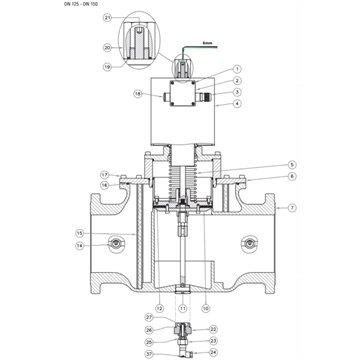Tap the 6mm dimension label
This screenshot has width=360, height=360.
[x=208, y=43]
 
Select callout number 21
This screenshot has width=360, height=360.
[x=108, y=18]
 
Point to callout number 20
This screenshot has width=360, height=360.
[x=108, y=47]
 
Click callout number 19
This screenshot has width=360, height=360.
[x=108, y=67]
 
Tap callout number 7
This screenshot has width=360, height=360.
[x=293, y=207]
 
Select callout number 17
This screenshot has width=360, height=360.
[x=103, y=175]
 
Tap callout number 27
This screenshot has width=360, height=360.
[x=149, y=343]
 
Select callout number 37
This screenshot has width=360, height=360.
[x=149, y=353]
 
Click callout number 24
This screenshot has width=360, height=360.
[x=213, y=353]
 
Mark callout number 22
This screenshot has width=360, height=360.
[x=213, y=329]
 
